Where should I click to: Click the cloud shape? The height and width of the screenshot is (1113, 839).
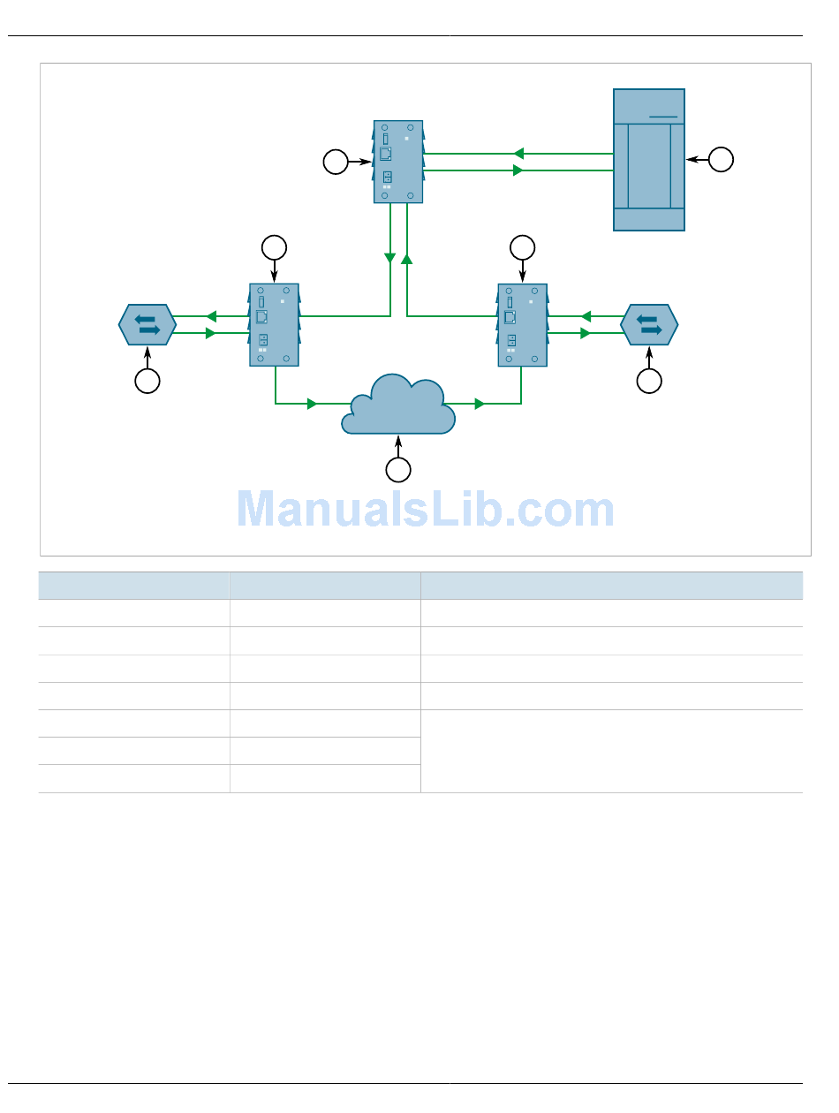[398, 406]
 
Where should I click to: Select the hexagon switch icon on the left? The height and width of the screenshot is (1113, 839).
[147, 324]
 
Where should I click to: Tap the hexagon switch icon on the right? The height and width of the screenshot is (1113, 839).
[649, 324]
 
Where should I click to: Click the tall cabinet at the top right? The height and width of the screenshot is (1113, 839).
[649, 160]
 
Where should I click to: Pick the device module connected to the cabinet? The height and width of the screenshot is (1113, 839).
[398, 162]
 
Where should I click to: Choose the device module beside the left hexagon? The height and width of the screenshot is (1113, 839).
[274, 324]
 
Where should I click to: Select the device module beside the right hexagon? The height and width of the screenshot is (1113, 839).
[522, 324]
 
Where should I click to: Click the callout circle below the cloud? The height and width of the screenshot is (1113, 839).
[398, 470]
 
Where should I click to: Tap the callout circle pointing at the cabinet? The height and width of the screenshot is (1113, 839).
[721, 159]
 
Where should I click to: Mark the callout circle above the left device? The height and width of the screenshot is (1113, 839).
[274, 248]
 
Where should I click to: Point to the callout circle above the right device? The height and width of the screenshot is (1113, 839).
[522, 248]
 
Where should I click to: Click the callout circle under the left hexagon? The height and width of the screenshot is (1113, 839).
[147, 381]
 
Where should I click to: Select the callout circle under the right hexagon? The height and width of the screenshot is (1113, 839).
[649, 381]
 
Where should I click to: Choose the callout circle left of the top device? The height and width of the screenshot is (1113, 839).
[335, 162]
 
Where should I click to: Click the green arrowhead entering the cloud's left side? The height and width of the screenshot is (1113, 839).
[313, 404]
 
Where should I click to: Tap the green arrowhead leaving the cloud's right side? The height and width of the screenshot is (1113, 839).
[480, 404]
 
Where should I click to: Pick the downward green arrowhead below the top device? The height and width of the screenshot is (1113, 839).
[389, 258]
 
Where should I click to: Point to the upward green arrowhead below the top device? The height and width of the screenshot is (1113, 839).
[406, 259]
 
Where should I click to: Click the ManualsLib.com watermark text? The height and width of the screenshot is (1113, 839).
[426, 509]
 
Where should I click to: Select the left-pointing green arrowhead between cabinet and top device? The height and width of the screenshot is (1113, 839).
[518, 153]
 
